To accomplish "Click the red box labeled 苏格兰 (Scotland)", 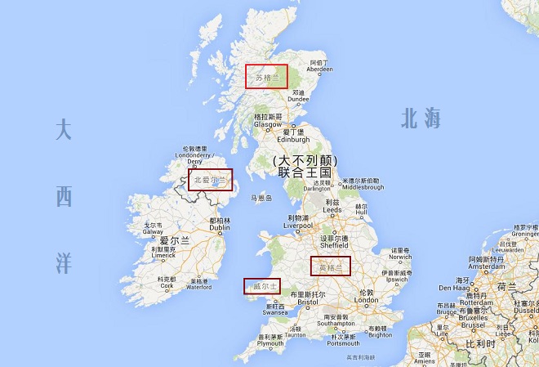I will click(267, 76).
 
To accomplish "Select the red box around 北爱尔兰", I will click(210, 180).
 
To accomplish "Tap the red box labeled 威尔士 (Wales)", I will click(262, 286).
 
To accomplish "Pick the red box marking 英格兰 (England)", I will click(330, 266).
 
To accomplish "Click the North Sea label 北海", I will click(421, 119).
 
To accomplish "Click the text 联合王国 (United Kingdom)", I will click(305, 173).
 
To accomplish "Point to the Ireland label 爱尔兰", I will click(175, 241).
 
